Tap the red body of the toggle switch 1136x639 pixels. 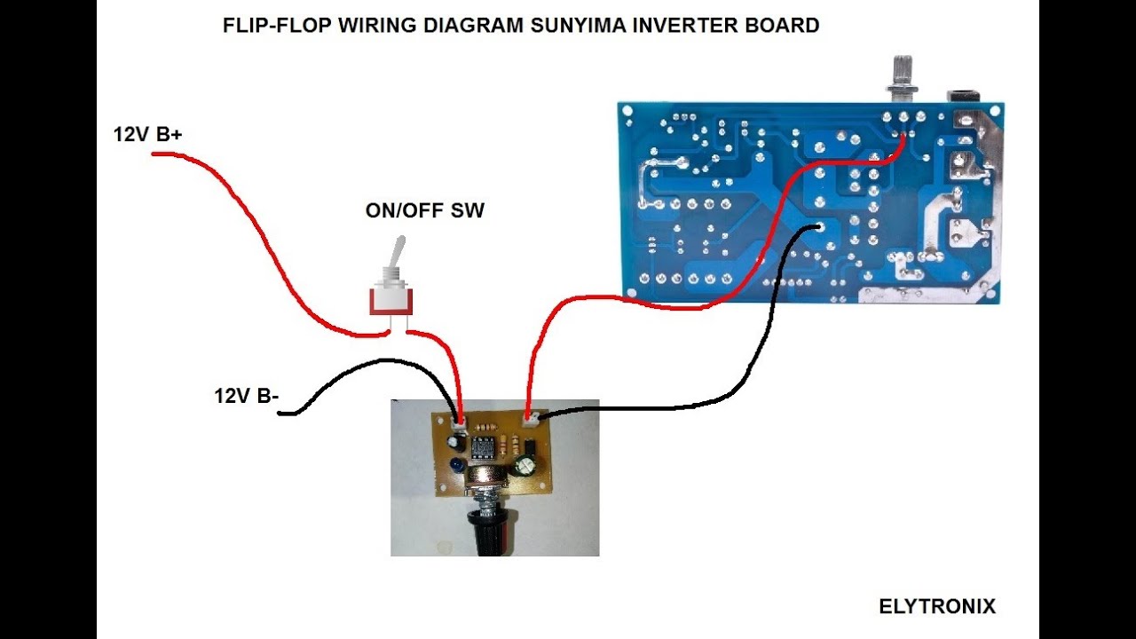390,301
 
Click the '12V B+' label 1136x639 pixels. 147,134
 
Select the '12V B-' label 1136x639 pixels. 247,396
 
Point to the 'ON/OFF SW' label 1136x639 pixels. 425,210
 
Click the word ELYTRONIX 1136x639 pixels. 937,606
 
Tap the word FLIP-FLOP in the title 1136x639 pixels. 277,26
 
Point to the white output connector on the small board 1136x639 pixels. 531,418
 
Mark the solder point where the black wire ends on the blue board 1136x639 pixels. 817,226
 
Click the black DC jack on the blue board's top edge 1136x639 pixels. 964,97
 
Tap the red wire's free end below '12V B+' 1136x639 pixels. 154,154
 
